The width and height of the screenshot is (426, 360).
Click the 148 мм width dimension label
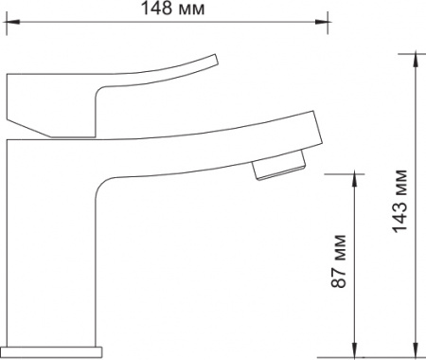(x=172, y=9)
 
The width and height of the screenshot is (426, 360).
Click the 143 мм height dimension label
(x=399, y=202)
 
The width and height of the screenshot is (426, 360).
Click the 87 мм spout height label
(x=339, y=261)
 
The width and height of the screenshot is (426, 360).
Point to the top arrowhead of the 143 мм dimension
(x=417, y=61)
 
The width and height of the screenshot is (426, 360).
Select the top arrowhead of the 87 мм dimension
(x=355, y=181)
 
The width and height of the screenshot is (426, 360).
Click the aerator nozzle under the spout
(x=279, y=166)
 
